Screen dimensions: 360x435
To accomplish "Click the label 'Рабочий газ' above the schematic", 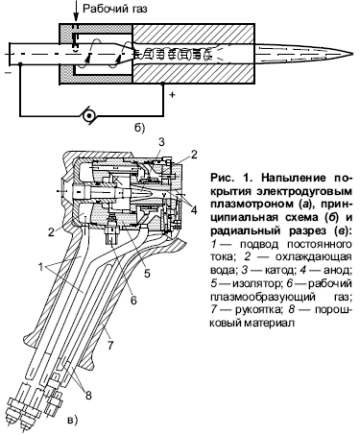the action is click(115, 9).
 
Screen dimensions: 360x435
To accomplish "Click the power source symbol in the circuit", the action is click(87, 115).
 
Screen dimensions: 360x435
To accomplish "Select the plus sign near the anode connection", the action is click(172, 94).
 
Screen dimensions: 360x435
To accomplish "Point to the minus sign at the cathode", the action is click(8, 73).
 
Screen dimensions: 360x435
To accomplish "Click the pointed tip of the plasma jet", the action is click(353, 54).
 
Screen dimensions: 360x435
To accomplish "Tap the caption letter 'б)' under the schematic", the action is click(139, 129).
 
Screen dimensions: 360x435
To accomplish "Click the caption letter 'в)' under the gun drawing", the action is click(72, 420).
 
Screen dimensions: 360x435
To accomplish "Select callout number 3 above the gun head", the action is click(162, 142).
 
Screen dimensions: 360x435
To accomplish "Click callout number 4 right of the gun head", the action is click(194, 210).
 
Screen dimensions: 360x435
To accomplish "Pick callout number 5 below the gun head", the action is click(147, 274).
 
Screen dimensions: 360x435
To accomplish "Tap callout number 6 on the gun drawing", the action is click(133, 301).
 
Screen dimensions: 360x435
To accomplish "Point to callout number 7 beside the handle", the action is click(110, 346).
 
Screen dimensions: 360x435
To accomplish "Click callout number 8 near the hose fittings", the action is click(88, 396).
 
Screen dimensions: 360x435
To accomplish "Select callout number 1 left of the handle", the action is click(40, 267).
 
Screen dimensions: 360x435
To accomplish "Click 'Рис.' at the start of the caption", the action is click(222, 178).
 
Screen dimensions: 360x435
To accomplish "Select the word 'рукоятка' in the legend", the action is click(258, 310).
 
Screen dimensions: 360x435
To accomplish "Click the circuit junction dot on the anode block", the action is click(162, 84).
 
